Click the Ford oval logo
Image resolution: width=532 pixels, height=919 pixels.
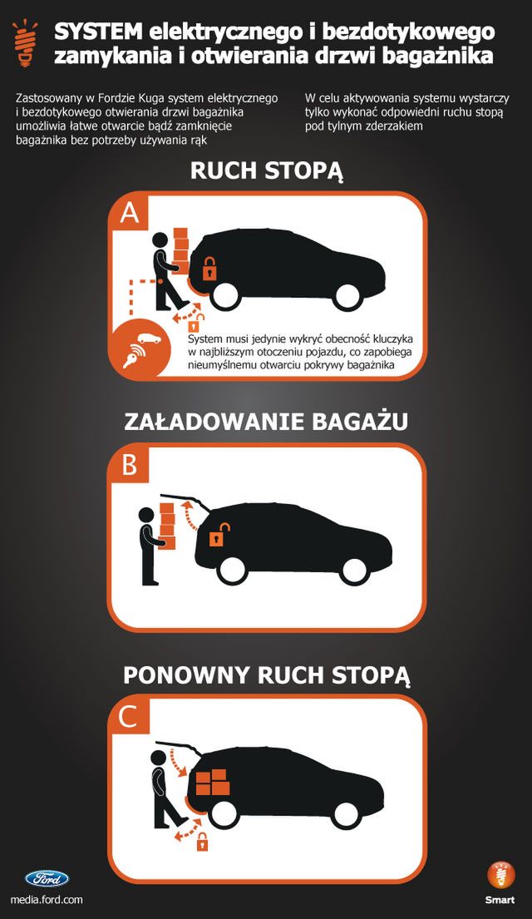pyautogui.click(x=47, y=878)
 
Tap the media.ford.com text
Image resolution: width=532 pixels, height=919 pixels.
pyautogui.click(x=47, y=900)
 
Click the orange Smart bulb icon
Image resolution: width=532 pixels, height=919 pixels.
pyautogui.click(x=500, y=876)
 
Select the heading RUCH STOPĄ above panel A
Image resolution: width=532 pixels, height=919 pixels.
pyautogui.click(x=267, y=170)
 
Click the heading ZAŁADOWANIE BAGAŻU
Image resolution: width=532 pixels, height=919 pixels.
pyautogui.click(x=266, y=422)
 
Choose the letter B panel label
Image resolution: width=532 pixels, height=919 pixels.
pyautogui.click(x=130, y=465)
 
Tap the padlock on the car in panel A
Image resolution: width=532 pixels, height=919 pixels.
pyautogui.click(x=208, y=269)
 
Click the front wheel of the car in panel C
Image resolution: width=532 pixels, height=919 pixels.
pyautogui.click(x=346, y=815)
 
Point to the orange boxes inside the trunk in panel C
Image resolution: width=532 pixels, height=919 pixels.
pyautogui.click(x=211, y=782)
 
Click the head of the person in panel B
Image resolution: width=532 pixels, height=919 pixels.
pyautogui.click(x=146, y=515)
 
